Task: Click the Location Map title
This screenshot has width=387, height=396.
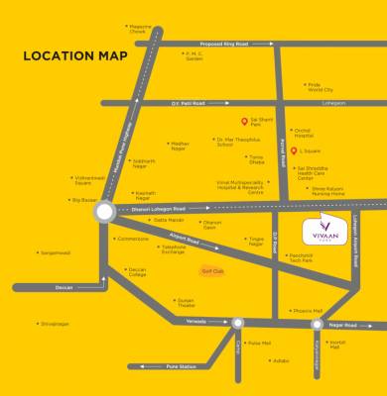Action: pyautogui.click(x=74, y=55)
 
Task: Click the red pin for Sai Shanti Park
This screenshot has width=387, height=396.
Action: pyautogui.click(x=243, y=122)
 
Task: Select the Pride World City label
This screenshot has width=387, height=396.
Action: pyautogui.click(x=320, y=87)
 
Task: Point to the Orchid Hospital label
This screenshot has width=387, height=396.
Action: pyautogui.click(x=302, y=134)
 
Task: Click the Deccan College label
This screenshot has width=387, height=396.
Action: pyautogui.click(x=137, y=272)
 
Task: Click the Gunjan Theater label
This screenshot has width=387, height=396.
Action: pyautogui.click(x=186, y=302)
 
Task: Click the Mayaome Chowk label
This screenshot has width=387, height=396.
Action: pyautogui.click(x=140, y=30)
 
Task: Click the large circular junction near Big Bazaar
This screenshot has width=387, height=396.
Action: pyautogui.click(x=104, y=211)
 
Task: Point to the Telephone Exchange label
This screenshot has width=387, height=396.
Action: pyautogui.click(x=173, y=249)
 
